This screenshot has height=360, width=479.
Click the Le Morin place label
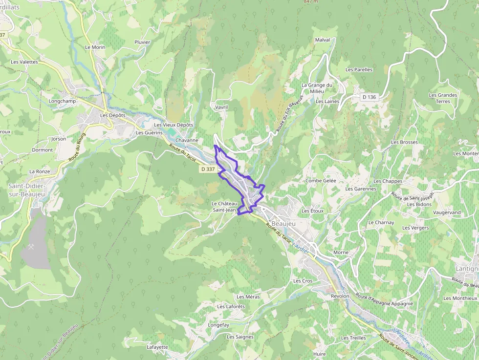pos(95,47)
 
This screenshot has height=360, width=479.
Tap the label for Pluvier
pos(142,42)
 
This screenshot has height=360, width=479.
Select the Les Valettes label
pos(24,62)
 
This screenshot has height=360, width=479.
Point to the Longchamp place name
pos(62,101)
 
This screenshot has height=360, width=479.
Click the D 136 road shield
pos(370,97)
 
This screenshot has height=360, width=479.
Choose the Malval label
pos(323,40)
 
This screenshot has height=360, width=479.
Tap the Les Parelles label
pos(359,70)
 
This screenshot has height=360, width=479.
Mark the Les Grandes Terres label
pos(443,98)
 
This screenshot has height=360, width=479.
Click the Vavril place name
pos(221,107)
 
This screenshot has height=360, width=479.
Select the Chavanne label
pos(187,140)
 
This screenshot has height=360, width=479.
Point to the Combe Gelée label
pos(321,181)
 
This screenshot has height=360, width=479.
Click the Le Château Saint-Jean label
pos(224,207)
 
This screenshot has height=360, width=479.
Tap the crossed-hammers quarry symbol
pos(32,247)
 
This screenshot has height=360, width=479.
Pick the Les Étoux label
pos(313,211)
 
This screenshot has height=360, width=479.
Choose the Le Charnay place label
pos(381,223)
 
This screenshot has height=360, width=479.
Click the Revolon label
pos(340,296)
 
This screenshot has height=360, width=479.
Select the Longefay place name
pos(218,325)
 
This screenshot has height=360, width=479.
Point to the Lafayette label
pos(157,347)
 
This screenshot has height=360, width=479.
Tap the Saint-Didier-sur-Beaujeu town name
pos(27,190)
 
